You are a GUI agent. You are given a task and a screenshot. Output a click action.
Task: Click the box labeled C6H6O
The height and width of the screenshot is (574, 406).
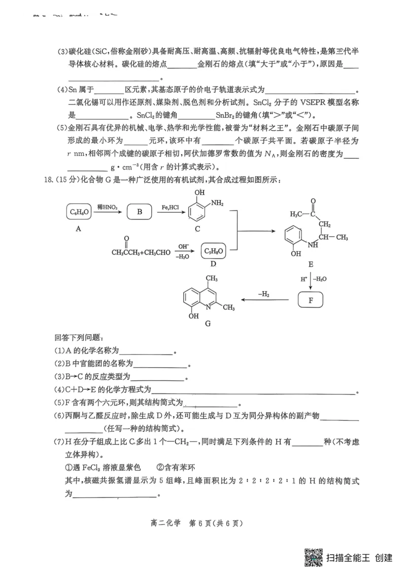79,212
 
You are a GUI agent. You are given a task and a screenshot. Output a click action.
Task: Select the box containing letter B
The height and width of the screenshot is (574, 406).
139,212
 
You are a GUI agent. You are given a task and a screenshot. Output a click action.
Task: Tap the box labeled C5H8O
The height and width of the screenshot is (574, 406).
214,251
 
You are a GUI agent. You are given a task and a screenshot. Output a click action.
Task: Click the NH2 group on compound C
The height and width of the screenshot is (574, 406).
217,203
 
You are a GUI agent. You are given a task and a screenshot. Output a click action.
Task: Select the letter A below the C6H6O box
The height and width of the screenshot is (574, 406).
78,229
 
